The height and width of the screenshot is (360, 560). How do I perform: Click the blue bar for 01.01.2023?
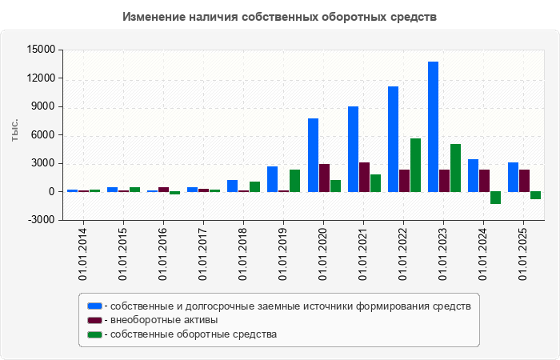click(433, 126)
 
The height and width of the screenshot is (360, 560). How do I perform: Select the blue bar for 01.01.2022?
click(393, 139)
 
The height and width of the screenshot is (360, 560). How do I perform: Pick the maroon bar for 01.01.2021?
click(364, 177)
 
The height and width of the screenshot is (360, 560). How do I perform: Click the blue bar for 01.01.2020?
click(313, 155)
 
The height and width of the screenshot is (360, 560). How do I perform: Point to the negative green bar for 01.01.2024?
click(495, 198)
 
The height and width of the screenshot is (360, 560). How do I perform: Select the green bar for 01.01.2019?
click(295, 181)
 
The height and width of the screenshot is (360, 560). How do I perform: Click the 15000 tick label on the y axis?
click(41, 50)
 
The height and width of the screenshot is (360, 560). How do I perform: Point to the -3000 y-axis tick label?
click(41, 220)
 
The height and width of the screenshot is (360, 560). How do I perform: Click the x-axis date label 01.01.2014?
click(83, 254)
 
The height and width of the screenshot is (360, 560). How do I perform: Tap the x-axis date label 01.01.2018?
click(243, 254)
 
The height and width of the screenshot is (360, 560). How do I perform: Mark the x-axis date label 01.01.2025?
click(523, 254)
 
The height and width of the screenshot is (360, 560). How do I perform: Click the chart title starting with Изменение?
click(280, 17)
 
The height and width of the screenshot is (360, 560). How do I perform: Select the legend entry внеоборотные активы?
click(165, 320)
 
